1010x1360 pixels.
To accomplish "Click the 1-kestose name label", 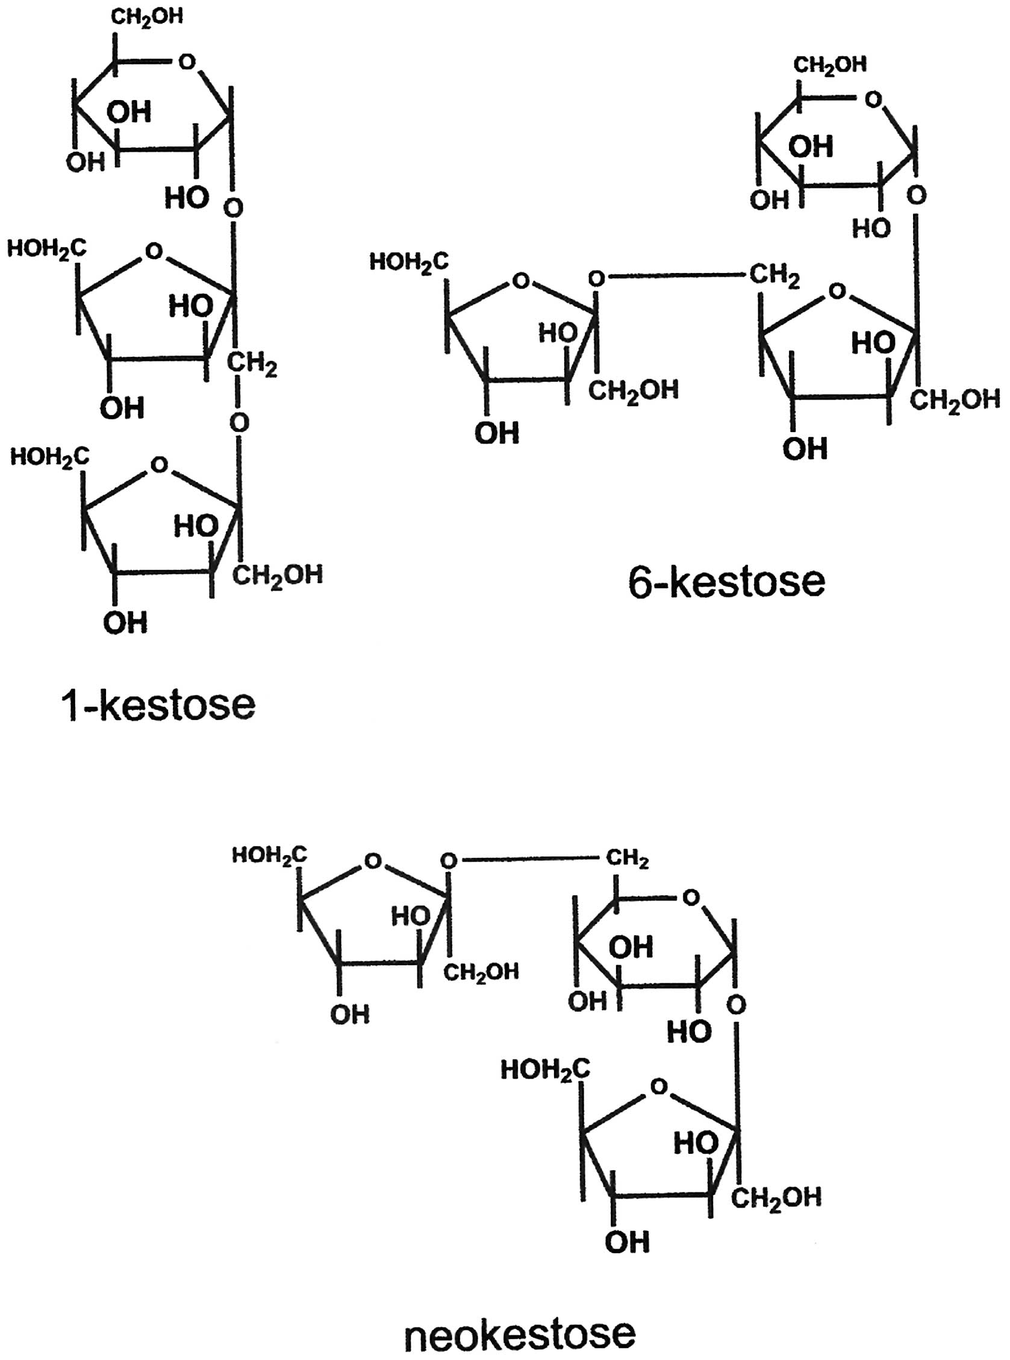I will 158,705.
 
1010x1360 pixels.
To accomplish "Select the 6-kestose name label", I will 726,581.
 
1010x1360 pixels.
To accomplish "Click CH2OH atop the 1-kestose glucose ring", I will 147,17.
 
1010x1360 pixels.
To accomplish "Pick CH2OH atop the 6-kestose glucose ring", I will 830,65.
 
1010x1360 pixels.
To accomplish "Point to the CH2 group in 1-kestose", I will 252,365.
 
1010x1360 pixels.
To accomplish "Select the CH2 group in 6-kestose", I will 773,276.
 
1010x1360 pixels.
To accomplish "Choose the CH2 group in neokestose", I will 628,859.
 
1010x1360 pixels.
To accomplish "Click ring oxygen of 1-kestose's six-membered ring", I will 187,61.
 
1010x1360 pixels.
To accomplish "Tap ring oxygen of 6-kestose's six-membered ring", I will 874,99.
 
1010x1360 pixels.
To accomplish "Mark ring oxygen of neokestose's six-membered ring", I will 691,898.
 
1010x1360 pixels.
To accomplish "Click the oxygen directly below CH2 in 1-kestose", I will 239,422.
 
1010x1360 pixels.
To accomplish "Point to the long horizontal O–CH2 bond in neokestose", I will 529,860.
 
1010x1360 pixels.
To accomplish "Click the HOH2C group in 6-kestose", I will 408,263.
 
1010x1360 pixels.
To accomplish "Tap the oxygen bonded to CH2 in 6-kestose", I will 596,279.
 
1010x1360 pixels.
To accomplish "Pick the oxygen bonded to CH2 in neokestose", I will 449,861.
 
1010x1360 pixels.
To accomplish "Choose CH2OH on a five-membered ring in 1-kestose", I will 278,575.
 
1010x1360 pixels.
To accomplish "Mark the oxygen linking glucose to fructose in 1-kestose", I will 233,208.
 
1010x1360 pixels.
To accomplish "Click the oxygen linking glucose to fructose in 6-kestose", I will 917,196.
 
